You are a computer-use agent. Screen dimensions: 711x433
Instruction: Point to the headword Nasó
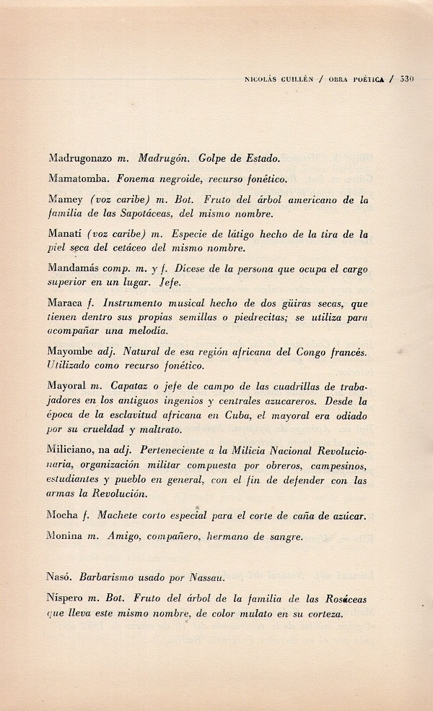(x=61, y=579)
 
